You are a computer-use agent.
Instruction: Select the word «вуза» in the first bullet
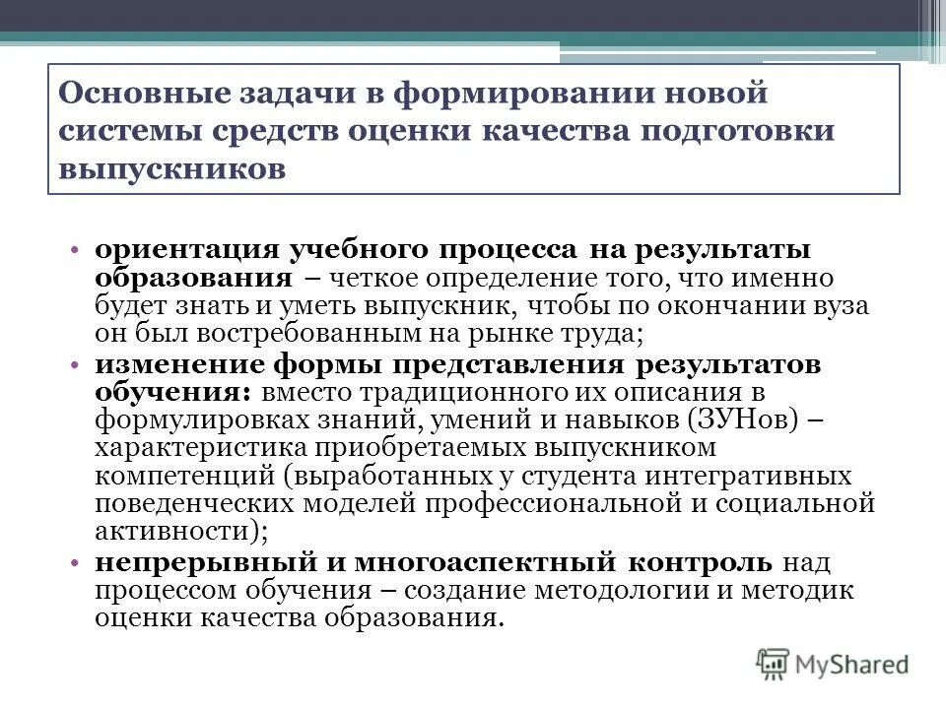[840, 306]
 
